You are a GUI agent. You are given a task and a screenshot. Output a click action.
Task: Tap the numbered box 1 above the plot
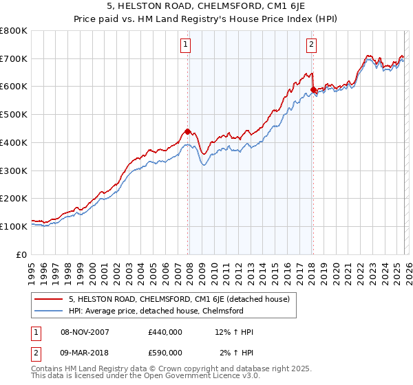186,45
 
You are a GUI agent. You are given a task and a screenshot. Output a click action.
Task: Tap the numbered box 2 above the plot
311,45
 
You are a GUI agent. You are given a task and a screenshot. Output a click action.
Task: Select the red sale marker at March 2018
313,89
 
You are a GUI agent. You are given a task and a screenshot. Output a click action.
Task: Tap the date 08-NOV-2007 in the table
84,332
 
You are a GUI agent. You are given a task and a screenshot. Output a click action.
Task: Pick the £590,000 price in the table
165,353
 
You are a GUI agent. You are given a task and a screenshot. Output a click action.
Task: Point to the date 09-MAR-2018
84,353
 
